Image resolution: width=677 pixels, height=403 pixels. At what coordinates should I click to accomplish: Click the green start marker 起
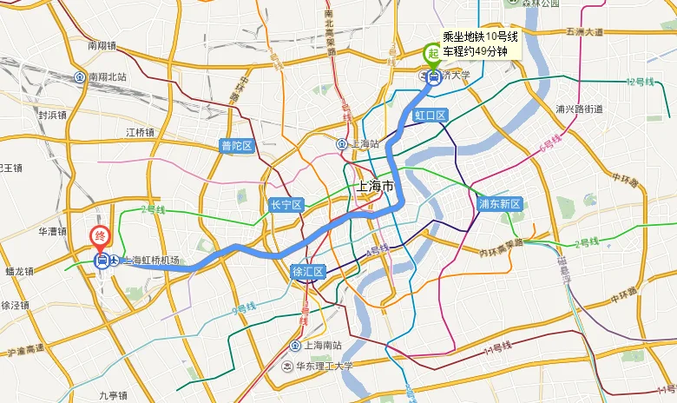(x=432, y=54)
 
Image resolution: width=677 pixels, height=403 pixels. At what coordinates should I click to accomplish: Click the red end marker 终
(x=101, y=235)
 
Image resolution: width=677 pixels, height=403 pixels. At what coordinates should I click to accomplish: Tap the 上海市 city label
(x=375, y=187)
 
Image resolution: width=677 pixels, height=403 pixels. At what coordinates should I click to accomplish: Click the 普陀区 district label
(x=236, y=146)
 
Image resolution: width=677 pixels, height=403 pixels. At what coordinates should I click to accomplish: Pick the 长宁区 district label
(x=286, y=205)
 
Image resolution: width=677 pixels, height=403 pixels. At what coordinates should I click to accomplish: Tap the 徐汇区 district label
(x=308, y=272)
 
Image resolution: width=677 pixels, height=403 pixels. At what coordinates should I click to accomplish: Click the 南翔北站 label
(x=107, y=76)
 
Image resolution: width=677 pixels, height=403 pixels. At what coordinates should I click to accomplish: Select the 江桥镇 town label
(x=140, y=132)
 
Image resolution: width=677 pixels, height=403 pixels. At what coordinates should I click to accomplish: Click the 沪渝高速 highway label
(x=24, y=352)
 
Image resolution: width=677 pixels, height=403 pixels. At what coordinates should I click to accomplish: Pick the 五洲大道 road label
(x=584, y=32)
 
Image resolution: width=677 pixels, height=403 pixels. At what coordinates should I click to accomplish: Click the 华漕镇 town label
(x=53, y=231)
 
